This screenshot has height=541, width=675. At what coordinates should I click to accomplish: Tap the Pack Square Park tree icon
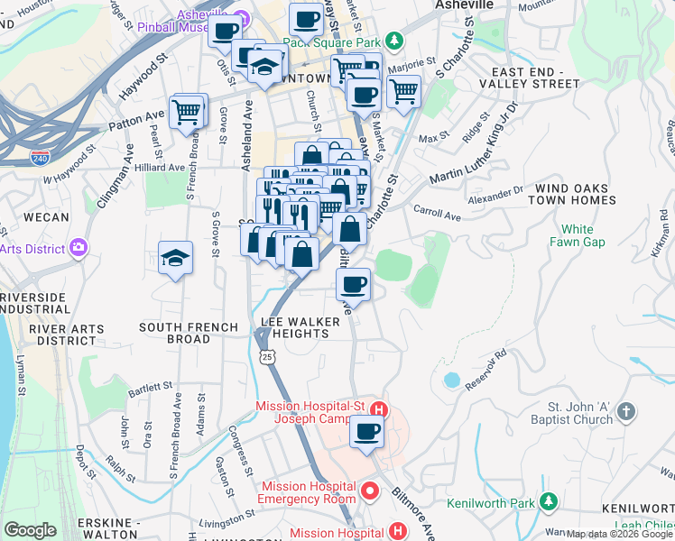coord(393,41)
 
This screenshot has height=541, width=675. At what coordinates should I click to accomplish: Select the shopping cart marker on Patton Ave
coord(186,113)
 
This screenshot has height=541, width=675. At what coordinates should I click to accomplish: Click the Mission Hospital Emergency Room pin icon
coord(369,491)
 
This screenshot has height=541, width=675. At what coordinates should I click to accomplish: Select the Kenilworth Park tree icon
coord(548,501)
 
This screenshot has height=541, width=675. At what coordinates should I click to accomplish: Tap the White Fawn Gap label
coord(577,236)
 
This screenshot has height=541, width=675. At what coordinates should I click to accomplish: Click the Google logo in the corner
coord(31,530)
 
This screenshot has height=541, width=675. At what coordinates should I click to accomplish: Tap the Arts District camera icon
coord(79,247)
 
